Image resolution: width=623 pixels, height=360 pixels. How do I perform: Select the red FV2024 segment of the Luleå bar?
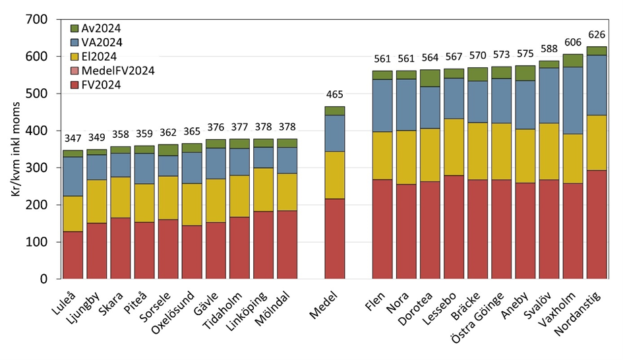[x=73, y=255]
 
